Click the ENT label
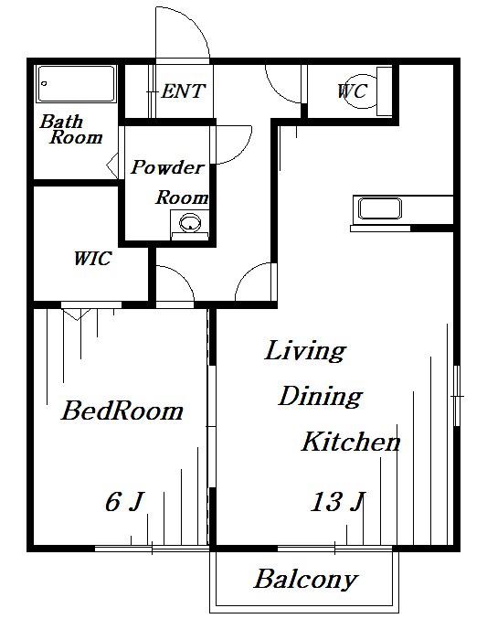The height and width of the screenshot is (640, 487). tap(183, 91)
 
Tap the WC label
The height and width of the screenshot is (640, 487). tap(353, 91)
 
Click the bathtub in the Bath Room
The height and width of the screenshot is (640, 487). tap(76, 84)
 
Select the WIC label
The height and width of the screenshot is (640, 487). tap(92, 259)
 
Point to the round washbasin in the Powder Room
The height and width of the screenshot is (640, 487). tap(190, 223)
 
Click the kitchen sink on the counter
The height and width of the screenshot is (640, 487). tap(380, 208)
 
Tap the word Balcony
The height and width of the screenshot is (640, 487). tap(306, 580)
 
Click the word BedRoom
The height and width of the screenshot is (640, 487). tap(122, 411)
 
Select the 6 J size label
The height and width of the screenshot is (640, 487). tap(125, 502)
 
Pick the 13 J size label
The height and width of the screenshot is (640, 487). tap(337, 502)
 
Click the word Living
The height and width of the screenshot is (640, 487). tap(305, 351)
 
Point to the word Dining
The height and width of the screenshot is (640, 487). tap(320, 396)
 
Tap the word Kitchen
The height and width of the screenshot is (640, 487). tap(351, 442)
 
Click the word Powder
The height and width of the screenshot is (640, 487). tap(167, 167)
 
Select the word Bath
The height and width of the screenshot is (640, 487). tap(61, 122)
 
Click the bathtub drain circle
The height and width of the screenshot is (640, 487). tap(44, 84)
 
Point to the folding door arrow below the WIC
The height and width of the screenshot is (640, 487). tap(77, 315)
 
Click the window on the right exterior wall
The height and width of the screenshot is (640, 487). tap(457, 396)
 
